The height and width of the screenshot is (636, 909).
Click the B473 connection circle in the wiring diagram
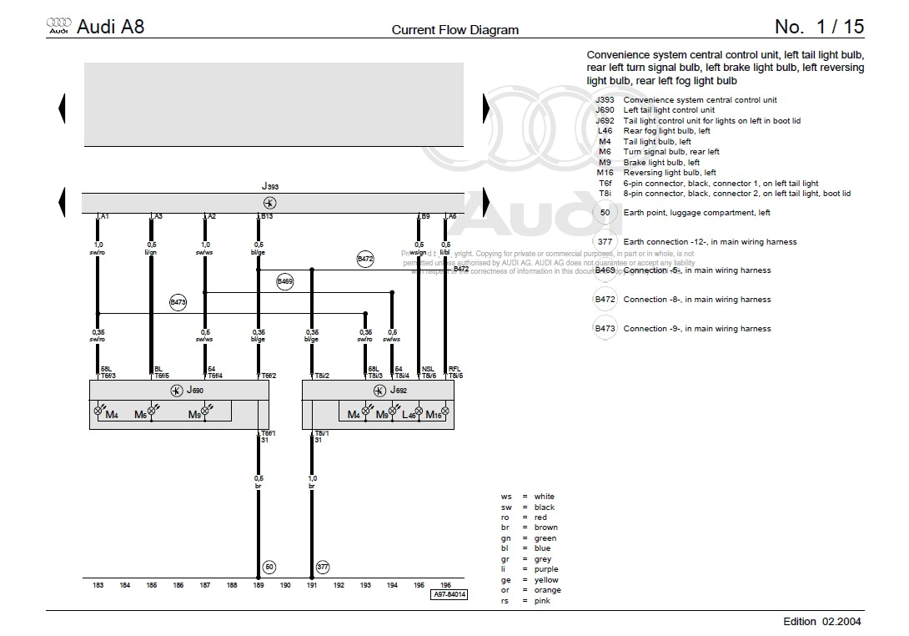[178, 302]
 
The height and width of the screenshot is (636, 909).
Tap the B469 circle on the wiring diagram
[285, 281]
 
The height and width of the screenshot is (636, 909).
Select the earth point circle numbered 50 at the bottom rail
[269, 567]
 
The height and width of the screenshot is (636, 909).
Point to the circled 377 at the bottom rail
[323, 567]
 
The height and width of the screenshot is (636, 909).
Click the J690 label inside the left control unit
[194, 390]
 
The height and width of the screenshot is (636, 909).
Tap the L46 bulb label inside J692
[409, 415]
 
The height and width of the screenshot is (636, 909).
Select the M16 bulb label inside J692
[433, 415]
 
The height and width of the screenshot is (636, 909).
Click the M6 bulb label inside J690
[140, 415]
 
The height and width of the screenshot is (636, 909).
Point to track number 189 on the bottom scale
[259, 586]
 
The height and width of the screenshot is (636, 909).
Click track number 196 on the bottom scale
[445, 586]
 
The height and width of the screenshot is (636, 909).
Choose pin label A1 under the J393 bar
[104, 216]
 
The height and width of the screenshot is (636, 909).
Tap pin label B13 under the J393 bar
[267, 216]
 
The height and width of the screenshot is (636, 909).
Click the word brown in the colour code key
[546, 527]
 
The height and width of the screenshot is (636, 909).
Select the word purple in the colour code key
[547, 569]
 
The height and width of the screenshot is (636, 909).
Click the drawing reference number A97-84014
[449, 595]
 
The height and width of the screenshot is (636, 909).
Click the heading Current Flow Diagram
[455, 30]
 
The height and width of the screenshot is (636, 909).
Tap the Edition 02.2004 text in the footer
[822, 621]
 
